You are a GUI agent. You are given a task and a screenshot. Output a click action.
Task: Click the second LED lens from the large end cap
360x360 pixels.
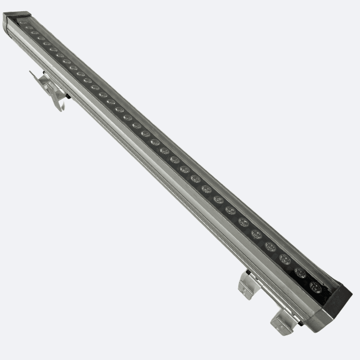[300, 273]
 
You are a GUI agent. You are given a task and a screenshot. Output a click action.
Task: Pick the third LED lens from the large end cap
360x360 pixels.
[284, 259]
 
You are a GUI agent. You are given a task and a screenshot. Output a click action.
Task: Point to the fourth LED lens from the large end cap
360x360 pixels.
[270, 246]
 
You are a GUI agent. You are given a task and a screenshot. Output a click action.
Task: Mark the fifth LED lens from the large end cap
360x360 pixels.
[256, 234]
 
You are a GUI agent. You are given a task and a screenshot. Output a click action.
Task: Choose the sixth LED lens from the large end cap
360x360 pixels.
[243, 222]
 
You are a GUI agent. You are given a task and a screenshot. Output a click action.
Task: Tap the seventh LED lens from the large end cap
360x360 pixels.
[230, 210]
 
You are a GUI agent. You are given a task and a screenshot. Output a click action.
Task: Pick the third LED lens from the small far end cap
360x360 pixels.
[35, 33]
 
